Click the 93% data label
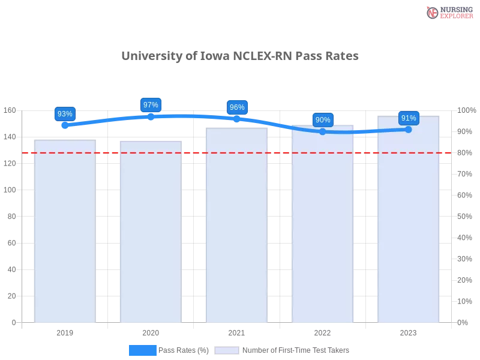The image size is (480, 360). coord(65,114)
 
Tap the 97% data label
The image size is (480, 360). coord(151,105)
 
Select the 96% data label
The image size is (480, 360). coord(237,107)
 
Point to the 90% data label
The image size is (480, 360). coord(323,120)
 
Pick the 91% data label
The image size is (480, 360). coord(409,118)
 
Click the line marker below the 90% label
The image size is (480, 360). coord(323,131)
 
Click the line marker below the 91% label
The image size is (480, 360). coord(409,129)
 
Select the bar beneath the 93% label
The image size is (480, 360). coord(65,234)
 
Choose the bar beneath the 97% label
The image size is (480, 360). coord(149,234)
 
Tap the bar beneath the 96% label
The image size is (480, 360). coord(235,228)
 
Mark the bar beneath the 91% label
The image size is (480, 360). coord(408,222)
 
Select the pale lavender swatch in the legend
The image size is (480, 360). coord(227,350)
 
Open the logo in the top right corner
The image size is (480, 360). coord(448,12)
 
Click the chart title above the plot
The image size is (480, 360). coord(240,56)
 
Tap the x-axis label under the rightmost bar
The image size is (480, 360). coord(408,331)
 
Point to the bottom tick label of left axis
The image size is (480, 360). coord(13,323)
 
